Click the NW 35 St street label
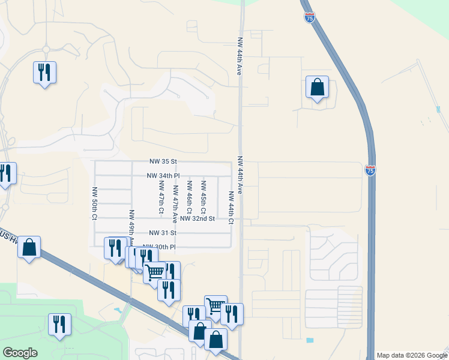pos(164,161)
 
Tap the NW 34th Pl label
pos(163,175)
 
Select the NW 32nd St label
pos(197,218)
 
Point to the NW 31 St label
pos(164,233)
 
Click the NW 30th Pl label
pos(158,247)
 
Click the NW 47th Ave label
pos(175,202)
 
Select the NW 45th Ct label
pos(203,197)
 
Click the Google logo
pos(20,352)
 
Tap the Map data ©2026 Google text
pos(412,355)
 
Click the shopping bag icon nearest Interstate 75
pos(318,87)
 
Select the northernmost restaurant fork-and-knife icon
pos(44,73)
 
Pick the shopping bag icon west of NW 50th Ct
pos(29,247)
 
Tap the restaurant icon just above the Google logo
pos(59,324)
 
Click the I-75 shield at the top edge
pos(309,17)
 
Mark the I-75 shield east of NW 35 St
pos(370,170)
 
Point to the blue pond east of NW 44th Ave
pos(309,340)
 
